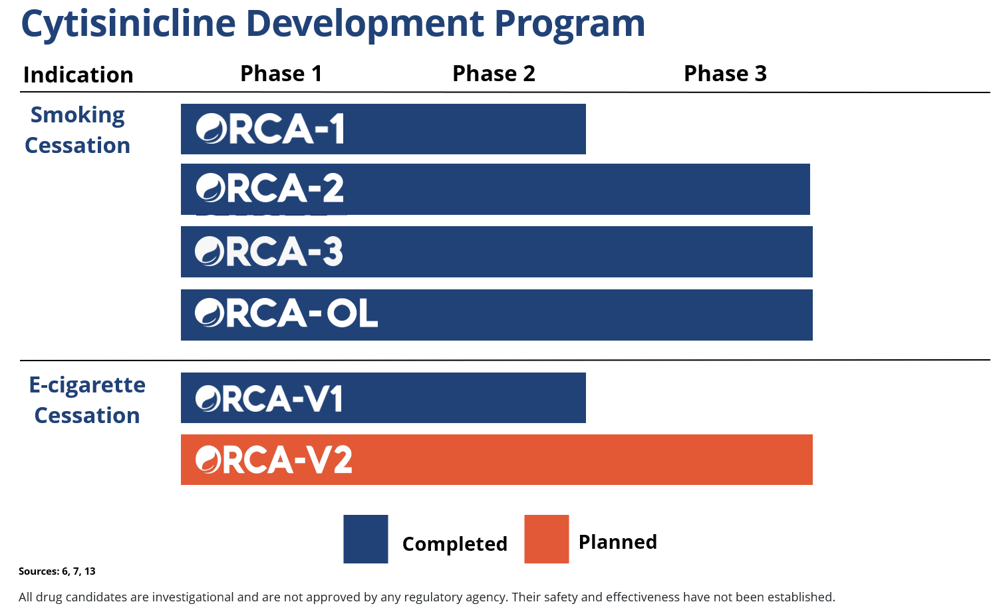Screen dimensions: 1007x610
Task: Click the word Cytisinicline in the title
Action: click(128, 24)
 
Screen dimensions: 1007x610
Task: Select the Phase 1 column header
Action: click(281, 73)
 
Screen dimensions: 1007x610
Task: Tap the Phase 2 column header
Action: click(494, 73)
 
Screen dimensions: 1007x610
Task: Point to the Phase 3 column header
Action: click(725, 73)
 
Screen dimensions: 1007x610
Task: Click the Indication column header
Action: click(78, 75)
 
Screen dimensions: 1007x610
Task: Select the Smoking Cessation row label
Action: click(77, 130)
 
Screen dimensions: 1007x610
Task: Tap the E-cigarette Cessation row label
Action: click(87, 400)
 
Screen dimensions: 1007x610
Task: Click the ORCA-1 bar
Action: click(383, 129)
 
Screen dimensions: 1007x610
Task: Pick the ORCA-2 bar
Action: click(495, 189)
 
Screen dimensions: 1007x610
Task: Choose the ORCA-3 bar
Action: click(496, 251)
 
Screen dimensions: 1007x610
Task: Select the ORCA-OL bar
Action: click(496, 315)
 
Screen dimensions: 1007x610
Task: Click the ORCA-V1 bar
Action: click(383, 398)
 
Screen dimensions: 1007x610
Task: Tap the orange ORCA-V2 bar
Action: click(496, 460)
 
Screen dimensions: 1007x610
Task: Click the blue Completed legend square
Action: click(366, 539)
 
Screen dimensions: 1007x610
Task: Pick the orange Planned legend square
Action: click(546, 539)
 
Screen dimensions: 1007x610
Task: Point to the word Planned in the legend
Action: click(618, 542)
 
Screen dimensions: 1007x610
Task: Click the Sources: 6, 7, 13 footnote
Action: click(57, 571)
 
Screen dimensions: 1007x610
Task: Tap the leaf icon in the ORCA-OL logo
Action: click(209, 313)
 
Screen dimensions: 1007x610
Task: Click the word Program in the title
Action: click(569, 25)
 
